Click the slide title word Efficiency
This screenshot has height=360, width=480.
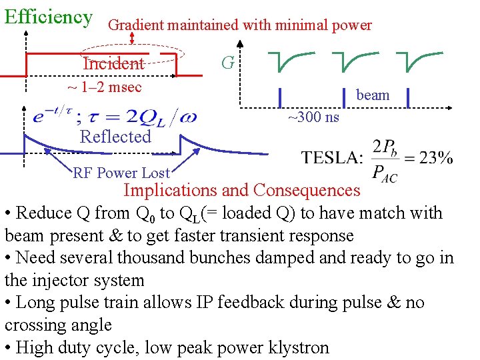tap(48, 16)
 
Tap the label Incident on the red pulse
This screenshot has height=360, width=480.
tap(113, 63)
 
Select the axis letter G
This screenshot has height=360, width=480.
tap(227, 63)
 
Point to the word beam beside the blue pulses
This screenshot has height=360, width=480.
tap(373, 95)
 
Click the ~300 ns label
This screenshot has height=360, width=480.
tap(313, 117)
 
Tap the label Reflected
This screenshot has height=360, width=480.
tap(115, 137)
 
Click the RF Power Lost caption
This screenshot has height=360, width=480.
tap(121, 173)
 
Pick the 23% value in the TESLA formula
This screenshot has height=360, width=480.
tap(437, 157)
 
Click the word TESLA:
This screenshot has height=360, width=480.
tap(332, 158)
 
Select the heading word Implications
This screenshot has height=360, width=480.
tap(170, 191)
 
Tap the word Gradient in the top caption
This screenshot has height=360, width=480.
tap(135, 25)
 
